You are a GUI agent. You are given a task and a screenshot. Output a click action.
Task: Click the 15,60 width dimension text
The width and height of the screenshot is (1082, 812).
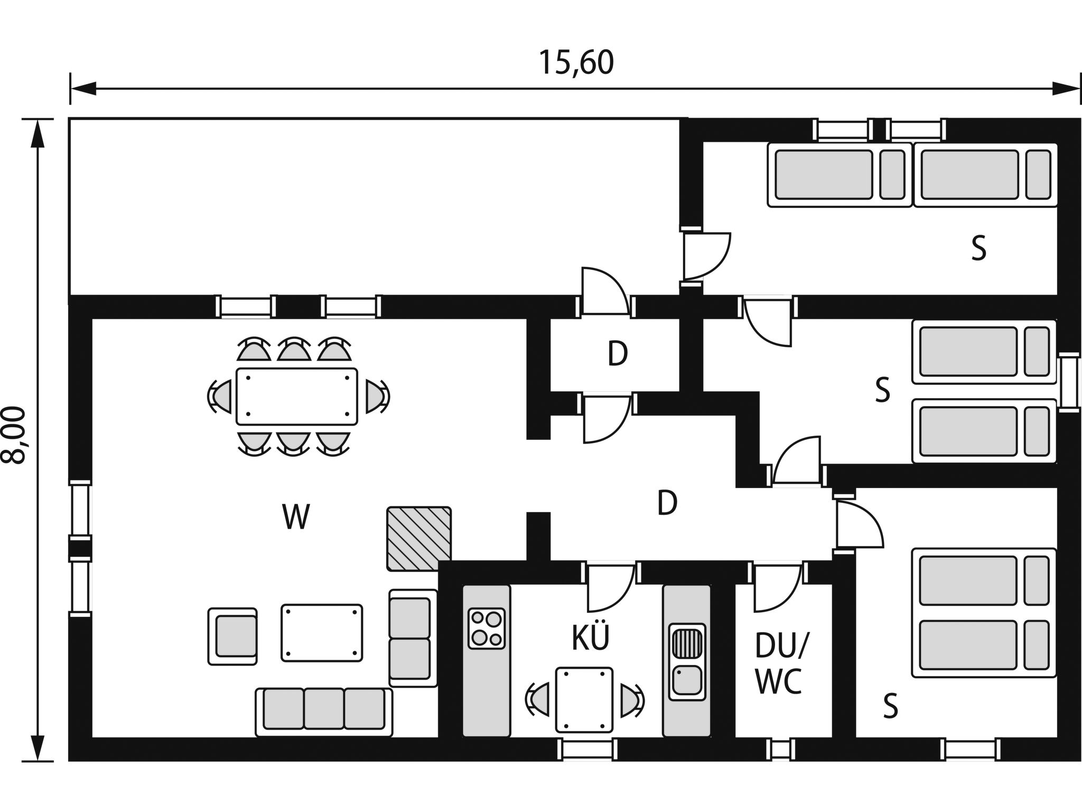tap(576, 63)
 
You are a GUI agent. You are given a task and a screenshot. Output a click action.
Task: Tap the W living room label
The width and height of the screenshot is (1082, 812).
tap(295, 517)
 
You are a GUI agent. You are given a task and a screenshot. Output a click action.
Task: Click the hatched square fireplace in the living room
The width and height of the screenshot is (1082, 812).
tap(419, 539)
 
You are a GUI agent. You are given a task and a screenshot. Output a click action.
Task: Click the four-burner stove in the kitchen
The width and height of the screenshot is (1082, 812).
tap(487, 628)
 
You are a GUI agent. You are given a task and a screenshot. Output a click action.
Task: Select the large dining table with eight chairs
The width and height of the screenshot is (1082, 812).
tap(296, 396)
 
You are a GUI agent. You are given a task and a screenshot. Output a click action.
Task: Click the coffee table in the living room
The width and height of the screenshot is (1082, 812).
tap(322, 633)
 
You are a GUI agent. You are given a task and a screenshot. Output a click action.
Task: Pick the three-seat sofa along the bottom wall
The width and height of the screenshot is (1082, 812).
tap(324, 712)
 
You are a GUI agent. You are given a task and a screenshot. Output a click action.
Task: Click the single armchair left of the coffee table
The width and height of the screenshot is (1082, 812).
tap(233, 636)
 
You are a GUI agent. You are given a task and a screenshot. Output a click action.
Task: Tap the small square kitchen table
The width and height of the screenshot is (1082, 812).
tap(584, 699)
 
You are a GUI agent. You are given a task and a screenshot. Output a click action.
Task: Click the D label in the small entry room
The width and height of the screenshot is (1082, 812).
tap(617, 354)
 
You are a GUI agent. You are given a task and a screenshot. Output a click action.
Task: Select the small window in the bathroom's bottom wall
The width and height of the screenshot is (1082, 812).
tap(780, 749)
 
